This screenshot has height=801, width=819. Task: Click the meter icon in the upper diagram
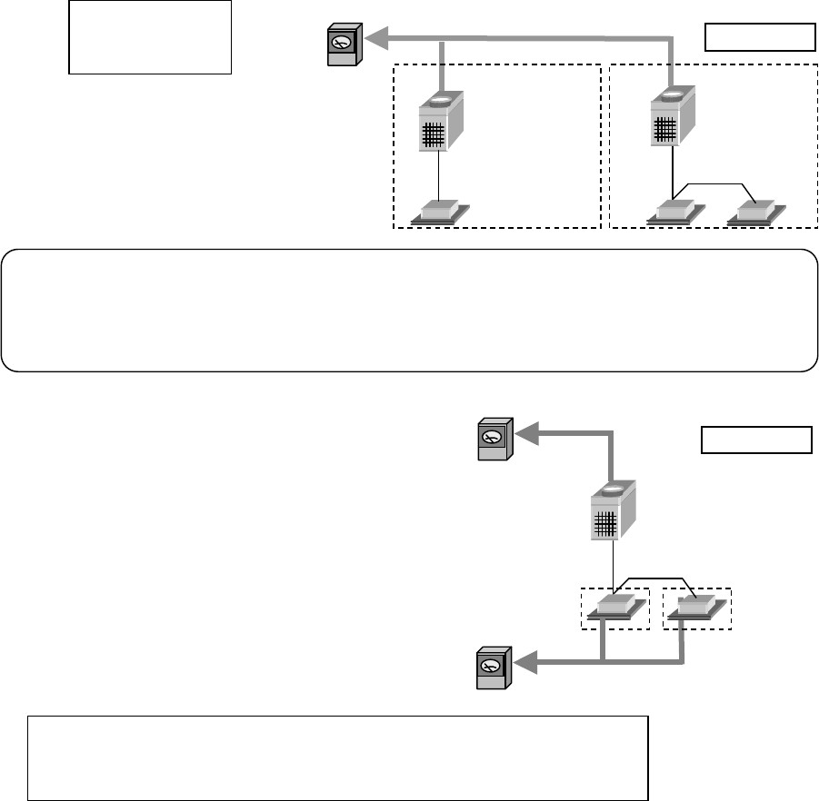pyautogui.click(x=344, y=45)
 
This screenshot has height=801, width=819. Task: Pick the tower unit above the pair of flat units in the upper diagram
pyautogui.click(x=674, y=119)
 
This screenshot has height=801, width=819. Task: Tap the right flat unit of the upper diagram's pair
pyautogui.click(x=756, y=212)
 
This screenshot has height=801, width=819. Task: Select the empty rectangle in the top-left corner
pyautogui.click(x=150, y=36)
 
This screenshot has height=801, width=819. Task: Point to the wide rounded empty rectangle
pyautogui.click(x=409, y=310)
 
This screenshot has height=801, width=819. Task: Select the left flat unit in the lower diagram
pyautogui.click(x=616, y=608)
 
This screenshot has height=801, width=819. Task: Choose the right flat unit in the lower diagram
pyautogui.click(x=697, y=608)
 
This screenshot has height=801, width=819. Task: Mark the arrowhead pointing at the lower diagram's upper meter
pyautogui.click(x=529, y=434)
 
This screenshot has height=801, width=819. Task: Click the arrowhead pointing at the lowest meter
pyautogui.click(x=527, y=667)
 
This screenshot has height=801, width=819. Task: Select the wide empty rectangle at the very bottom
pyautogui.click(x=337, y=757)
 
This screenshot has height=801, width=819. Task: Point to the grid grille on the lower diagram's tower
pyautogui.click(x=606, y=523)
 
